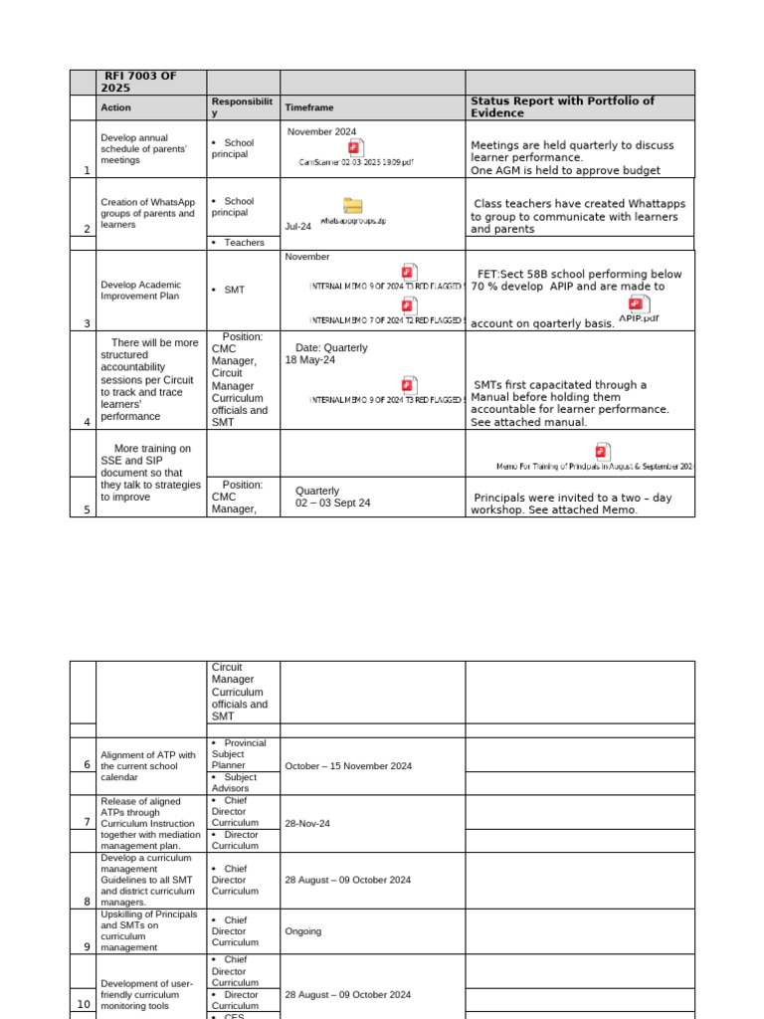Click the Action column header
(x=115, y=107)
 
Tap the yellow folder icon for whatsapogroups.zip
(x=353, y=206)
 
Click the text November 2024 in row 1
(x=321, y=131)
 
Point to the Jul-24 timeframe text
(x=297, y=226)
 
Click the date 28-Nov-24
(x=307, y=824)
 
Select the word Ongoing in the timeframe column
(x=303, y=931)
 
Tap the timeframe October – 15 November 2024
(x=348, y=766)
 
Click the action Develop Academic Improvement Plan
(x=140, y=290)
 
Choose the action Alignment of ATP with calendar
(x=146, y=766)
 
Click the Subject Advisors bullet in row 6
(x=239, y=783)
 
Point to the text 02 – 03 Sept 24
(x=332, y=504)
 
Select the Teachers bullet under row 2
(x=244, y=242)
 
